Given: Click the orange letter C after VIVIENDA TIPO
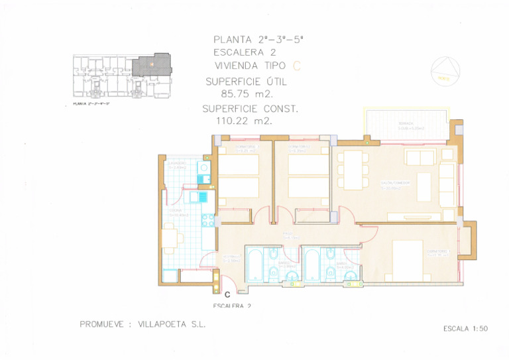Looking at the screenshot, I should tap(296, 65).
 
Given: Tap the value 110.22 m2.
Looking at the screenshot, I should tap(245, 121).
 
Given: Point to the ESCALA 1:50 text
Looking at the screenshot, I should tap(465, 328).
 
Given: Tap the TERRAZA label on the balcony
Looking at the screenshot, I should tap(406, 123).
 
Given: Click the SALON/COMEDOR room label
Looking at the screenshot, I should tap(395, 183).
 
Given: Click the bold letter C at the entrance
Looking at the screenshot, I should tap(227, 294).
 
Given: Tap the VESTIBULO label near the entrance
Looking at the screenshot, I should tap(231, 259).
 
